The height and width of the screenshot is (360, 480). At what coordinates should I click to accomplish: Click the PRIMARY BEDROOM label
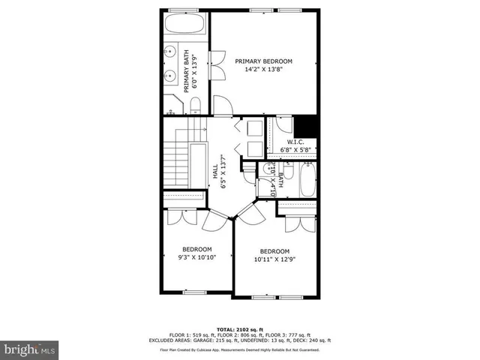(263, 61)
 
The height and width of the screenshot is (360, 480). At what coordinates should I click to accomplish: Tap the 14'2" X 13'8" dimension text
(263, 70)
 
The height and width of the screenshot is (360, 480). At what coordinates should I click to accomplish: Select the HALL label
(214, 173)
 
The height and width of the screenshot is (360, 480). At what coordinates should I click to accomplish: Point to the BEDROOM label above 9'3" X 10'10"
(197, 249)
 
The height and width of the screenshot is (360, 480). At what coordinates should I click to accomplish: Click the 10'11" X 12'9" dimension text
(274, 260)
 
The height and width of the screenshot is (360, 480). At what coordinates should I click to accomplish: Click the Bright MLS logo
(31, 349)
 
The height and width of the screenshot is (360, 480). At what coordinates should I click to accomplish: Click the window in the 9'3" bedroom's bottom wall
(193, 292)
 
